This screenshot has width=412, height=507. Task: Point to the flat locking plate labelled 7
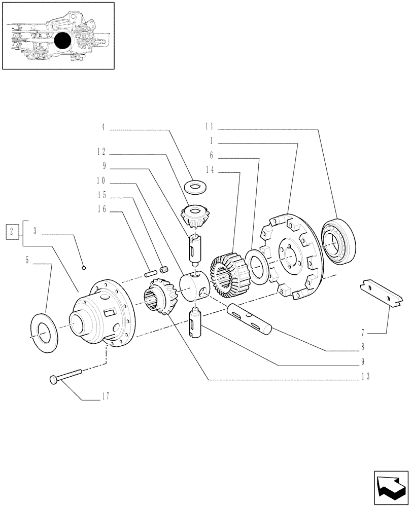(x=384, y=294)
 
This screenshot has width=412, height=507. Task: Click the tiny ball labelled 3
(x=84, y=267)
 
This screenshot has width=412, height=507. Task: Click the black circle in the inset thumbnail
(x=63, y=41)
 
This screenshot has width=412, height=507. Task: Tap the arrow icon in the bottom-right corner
(x=391, y=486)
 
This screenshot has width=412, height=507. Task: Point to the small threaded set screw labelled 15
(x=164, y=271)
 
